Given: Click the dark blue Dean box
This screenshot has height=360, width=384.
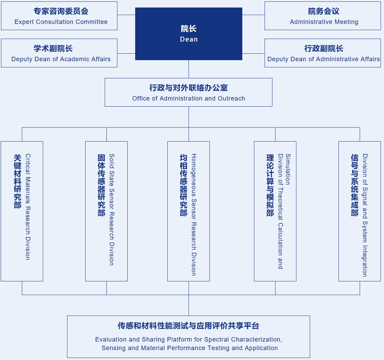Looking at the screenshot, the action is (189, 34).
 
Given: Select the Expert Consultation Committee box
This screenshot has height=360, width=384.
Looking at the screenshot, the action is (59, 16).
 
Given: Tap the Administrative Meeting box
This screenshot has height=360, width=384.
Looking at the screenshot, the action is (322, 16).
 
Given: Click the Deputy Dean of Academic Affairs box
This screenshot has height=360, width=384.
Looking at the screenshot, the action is (59, 53).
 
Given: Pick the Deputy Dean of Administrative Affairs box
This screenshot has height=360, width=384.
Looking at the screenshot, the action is (322, 53).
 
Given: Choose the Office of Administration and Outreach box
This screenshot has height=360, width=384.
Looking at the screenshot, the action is (189, 92).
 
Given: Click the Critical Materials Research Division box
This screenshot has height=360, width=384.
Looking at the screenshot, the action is (22, 211).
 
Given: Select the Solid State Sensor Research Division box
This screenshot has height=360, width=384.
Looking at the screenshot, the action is (106, 211).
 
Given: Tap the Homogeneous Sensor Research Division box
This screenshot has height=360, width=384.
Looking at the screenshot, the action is (189, 211).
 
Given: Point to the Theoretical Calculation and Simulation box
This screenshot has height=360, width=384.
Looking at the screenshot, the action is (275, 211).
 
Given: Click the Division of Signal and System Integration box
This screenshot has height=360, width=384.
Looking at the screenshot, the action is (360, 211).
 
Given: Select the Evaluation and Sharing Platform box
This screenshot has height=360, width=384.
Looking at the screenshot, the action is (189, 337).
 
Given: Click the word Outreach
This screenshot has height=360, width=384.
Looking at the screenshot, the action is (231, 98).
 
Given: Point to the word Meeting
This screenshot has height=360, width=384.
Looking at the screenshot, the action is (346, 22).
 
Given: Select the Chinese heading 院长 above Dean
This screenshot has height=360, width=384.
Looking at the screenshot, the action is (189, 29).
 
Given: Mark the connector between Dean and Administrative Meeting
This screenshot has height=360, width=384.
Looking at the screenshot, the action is (254, 15).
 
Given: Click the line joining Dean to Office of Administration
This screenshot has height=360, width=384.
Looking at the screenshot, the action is (189, 69).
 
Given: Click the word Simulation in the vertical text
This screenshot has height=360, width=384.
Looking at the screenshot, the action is (288, 169).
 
